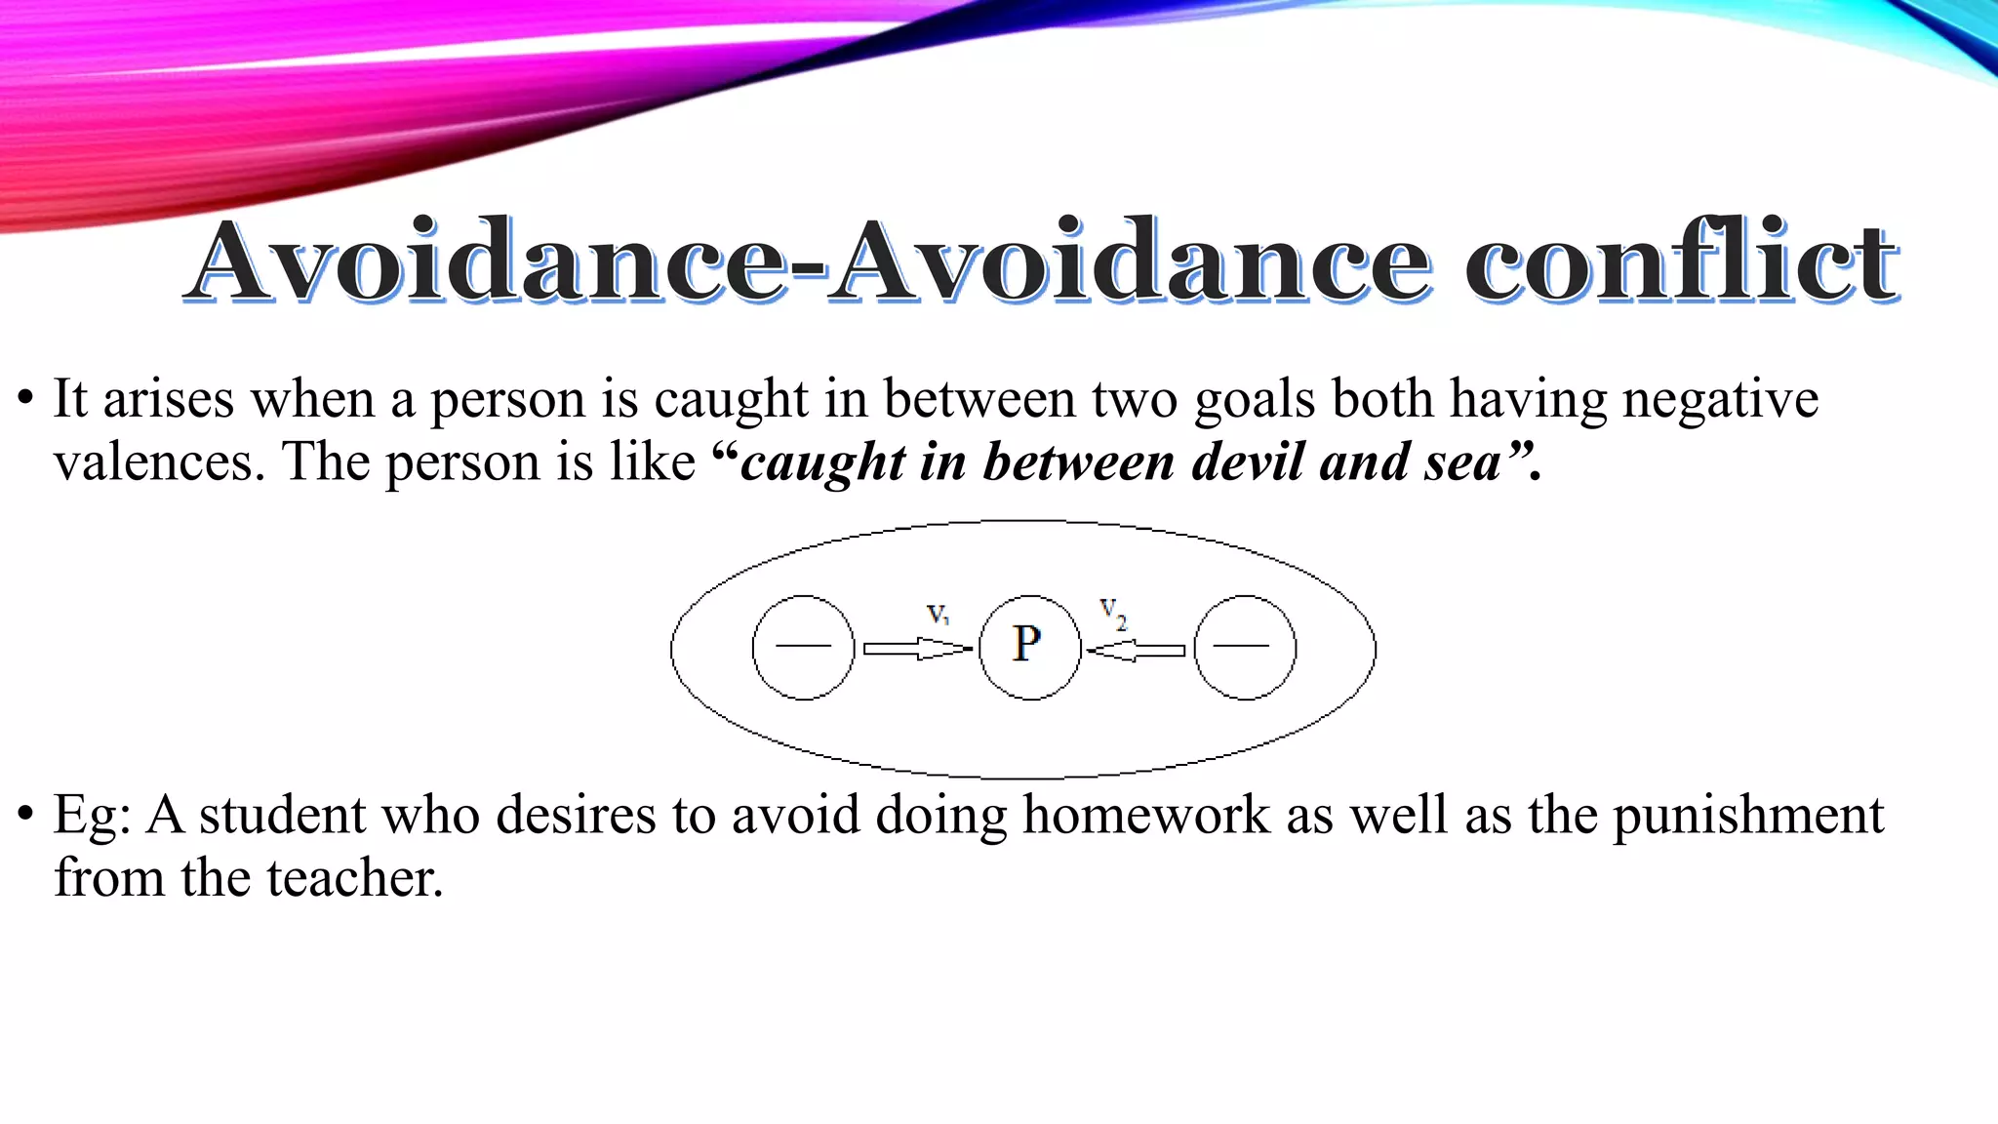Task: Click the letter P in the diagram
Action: point(1026,644)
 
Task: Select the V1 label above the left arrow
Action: point(938,614)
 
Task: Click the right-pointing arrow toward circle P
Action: point(917,649)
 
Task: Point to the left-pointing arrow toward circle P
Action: point(1136,650)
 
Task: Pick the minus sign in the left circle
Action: point(803,646)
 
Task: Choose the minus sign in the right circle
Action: point(1242,646)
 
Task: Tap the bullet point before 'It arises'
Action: point(25,399)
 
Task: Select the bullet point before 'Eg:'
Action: point(25,815)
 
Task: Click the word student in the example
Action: point(281,815)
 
